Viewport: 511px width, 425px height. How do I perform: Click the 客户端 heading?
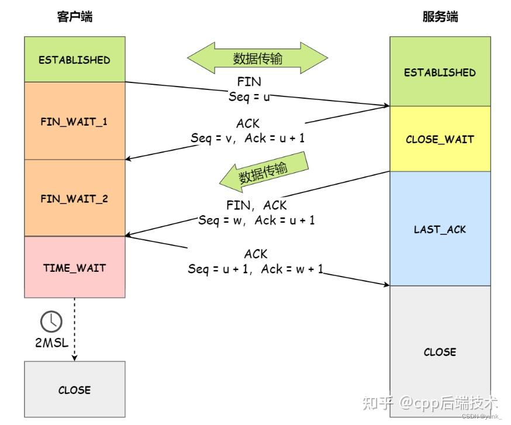click(74, 16)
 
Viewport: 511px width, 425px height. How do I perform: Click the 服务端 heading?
click(440, 16)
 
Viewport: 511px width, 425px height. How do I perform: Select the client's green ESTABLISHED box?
click(74, 60)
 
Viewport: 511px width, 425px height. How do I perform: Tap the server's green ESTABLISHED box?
click(440, 72)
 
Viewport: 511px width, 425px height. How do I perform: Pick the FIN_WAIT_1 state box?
click(74, 122)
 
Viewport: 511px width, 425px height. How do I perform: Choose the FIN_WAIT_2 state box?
click(74, 199)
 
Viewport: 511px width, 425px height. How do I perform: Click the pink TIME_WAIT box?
click(74, 267)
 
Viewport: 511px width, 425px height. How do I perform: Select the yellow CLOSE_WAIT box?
click(440, 140)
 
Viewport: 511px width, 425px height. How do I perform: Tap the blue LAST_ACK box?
click(440, 229)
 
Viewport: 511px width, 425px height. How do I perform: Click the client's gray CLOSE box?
click(74, 390)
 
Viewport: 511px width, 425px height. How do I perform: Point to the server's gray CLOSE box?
click(440, 352)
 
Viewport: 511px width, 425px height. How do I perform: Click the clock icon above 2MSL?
click(51, 321)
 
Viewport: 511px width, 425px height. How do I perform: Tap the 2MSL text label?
click(51, 343)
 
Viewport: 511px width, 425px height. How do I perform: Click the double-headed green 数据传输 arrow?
click(257, 58)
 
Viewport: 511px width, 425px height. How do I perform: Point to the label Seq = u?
click(249, 96)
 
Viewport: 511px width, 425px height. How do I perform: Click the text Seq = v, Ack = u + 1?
click(247, 138)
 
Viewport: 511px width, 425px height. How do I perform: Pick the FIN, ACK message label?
click(256, 205)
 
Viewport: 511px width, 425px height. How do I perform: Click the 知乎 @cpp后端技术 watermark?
click(430, 403)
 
